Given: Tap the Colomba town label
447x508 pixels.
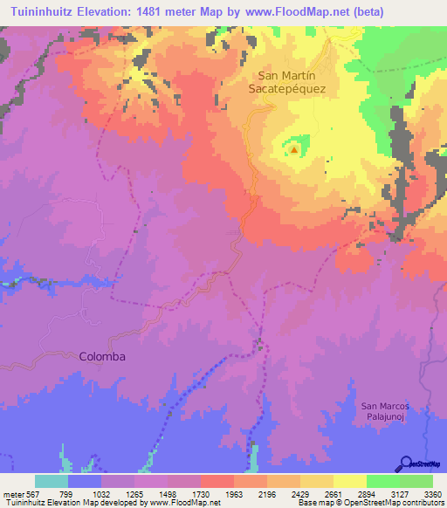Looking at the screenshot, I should [102, 356].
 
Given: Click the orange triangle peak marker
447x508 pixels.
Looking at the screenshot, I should [294, 149].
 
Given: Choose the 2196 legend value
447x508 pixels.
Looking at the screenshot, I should [266, 494].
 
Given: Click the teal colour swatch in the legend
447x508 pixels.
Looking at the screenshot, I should [52, 481].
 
